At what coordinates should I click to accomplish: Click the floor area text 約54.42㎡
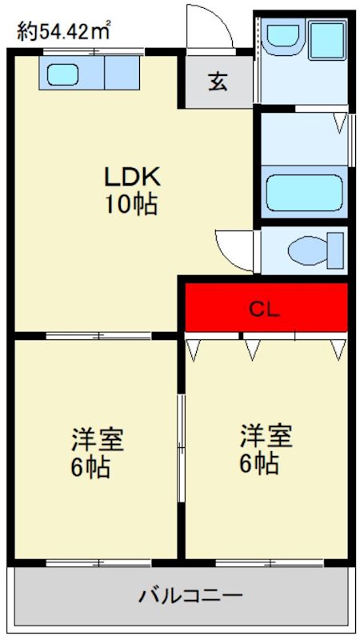point(64,31)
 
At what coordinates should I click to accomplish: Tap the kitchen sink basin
point(62,74)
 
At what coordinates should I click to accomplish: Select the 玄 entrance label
point(218,82)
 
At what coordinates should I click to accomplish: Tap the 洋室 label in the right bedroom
point(266,436)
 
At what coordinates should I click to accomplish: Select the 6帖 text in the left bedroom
point(90,467)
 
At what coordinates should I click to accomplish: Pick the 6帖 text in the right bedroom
point(258,464)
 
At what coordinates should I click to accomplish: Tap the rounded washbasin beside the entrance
point(281,36)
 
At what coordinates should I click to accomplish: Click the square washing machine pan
point(326,38)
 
